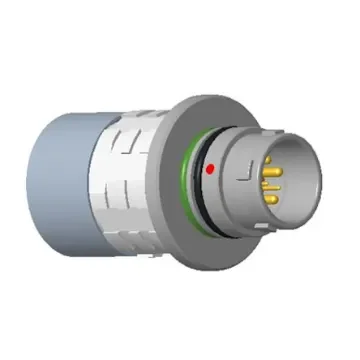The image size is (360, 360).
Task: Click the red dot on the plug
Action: tap(208, 171)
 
